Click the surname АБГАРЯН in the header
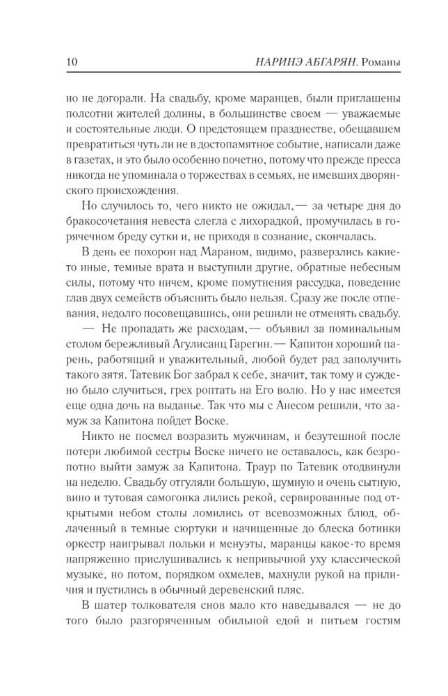328,63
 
